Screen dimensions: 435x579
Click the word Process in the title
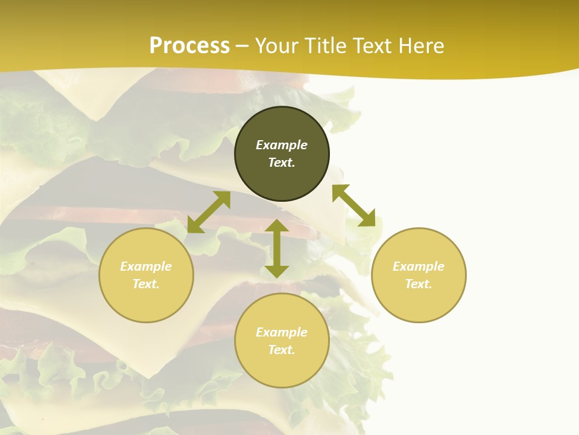click(x=189, y=46)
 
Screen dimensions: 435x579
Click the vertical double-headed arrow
click(x=277, y=248)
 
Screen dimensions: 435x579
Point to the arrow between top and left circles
click(x=209, y=212)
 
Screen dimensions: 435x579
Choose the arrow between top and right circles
click(x=353, y=206)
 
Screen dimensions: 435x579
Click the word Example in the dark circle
click(x=282, y=145)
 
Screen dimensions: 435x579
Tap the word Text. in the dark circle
click(x=282, y=163)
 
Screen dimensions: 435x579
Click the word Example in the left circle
click(x=146, y=266)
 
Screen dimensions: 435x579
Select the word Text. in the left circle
click(x=146, y=284)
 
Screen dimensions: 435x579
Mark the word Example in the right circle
click(x=419, y=266)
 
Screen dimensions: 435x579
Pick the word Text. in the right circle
click(x=419, y=284)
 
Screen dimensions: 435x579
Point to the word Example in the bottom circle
click(x=282, y=332)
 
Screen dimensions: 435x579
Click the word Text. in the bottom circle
click(x=282, y=350)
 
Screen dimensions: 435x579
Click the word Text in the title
click(x=372, y=46)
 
